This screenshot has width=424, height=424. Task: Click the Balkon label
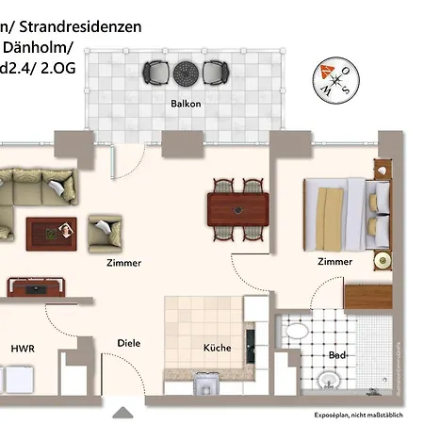[185, 104]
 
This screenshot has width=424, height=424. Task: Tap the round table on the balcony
[185, 72]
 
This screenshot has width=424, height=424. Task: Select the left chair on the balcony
[155, 72]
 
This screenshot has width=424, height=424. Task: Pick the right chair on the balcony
[216, 72]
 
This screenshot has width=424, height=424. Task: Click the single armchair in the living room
[105, 231]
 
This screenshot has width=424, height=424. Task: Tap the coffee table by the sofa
[52, 230]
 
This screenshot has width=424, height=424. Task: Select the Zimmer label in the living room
[123, 263]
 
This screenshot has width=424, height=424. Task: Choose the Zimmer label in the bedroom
[334, 262]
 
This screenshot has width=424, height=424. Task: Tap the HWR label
[23, 348]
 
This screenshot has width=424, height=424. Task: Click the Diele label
[129, 343]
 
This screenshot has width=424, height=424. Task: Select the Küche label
[218, 348]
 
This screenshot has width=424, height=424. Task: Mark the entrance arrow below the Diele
[122, 412]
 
